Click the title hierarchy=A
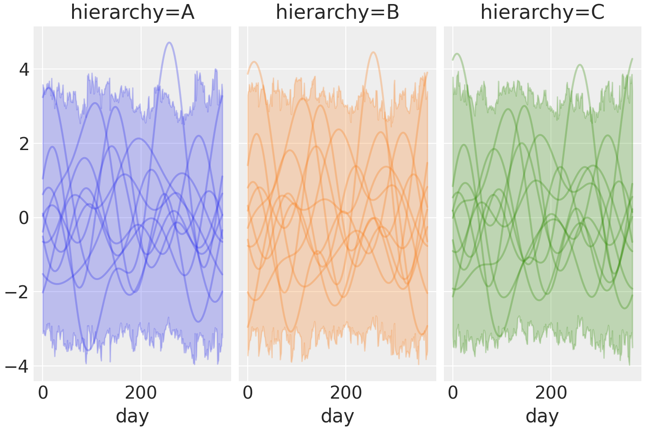point(132,13)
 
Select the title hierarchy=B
point(337,13)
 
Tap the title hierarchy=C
point(542,13)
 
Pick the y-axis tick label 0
point(24,219)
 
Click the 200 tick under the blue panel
point(141,393)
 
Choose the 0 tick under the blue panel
point(43,393)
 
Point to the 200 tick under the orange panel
point(346,393)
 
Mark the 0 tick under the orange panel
point(248,393)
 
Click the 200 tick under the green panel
point(551,393)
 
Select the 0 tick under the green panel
point(453,393)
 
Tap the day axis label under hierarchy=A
point(132,417)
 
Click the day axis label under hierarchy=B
point(337,417)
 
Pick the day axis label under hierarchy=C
point(542,417)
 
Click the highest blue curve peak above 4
point(169,43)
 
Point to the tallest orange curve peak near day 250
point(373,52)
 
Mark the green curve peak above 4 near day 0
point(457,54)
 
